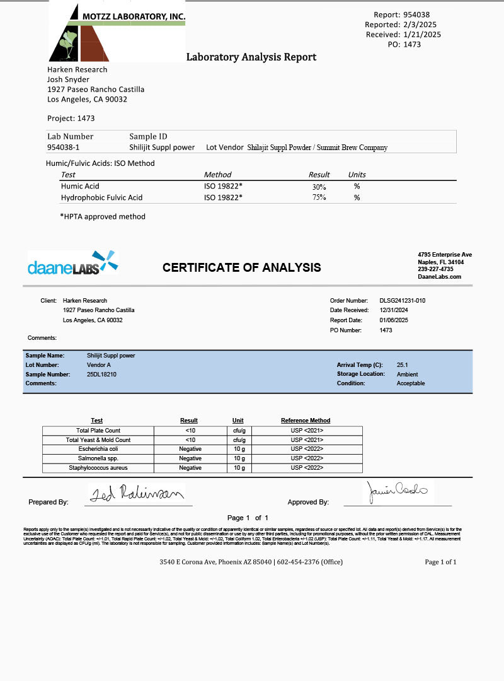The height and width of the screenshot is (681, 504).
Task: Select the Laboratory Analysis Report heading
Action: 251,57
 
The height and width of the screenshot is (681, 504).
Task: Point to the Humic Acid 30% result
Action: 319,187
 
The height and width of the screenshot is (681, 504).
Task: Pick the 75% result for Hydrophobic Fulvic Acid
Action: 319,198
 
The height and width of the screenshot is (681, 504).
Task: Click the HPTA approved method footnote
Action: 103,216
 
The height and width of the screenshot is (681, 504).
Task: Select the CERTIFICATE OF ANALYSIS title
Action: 241,267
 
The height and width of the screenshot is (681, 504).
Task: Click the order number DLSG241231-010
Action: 402,301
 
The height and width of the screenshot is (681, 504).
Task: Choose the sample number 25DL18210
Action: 101,374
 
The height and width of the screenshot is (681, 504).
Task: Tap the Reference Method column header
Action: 306,421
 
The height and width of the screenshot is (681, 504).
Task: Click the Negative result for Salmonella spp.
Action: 190,458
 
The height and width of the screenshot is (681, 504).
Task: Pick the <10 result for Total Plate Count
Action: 190,431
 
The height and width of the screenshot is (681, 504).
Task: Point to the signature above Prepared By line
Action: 135,493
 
